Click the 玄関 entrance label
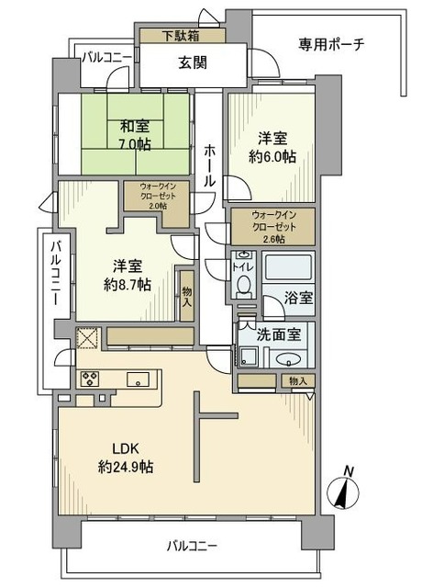point(192,62)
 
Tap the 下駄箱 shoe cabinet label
point(181,36)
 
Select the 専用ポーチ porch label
point(332,45)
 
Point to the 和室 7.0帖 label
point(135,135)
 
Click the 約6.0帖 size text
point(272,157)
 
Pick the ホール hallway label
point(210,165)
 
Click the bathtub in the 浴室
point(288,266)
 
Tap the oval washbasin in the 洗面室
point(288,360)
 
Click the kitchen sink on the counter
point(138,379)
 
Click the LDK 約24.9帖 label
point(126,458)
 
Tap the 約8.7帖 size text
point(128,286)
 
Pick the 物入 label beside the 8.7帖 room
point(187,297)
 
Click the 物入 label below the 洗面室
point(298,381)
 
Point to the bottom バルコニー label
point(192,546)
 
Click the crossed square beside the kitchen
point(88,339)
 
